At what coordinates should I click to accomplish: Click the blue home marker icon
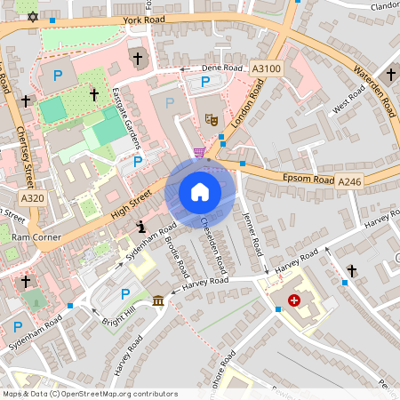200,192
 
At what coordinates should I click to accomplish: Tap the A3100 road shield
266,68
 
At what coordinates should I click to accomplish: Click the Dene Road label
221,68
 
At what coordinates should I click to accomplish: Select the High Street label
133,206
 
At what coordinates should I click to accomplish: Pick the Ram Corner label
36,238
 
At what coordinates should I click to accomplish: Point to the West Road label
349,100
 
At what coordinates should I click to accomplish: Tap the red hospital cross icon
293,301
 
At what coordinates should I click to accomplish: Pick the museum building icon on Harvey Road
158,301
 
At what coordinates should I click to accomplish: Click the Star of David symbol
34,16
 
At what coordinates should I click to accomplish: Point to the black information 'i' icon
140,228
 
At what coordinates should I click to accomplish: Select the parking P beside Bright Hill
125,294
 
